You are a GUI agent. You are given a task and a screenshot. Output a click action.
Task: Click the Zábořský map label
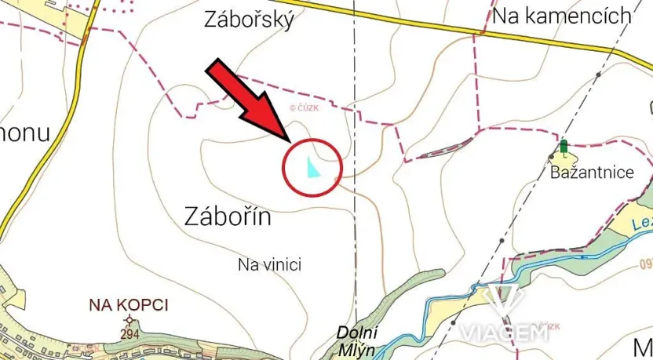point(249,20)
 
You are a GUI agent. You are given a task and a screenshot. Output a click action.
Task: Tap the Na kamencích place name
point(562,16)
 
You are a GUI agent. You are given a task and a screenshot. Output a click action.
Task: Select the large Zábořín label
point(229,216)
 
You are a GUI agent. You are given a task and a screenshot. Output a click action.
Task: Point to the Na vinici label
point(269,264)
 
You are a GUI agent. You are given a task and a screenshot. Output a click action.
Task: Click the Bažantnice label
point(592,173)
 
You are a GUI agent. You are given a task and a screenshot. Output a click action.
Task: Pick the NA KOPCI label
point(129,304)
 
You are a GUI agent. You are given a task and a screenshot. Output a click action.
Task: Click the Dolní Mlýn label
point(356,338)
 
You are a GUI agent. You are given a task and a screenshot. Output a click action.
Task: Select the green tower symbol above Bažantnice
point(564,147)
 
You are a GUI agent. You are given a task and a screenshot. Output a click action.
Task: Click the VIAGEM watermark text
point(503,332)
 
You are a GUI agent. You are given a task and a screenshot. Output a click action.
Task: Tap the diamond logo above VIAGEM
point(502,302)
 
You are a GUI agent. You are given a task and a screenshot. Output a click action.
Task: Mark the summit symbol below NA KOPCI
point(130,319)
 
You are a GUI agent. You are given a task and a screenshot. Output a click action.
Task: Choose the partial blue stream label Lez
point(641,224)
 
